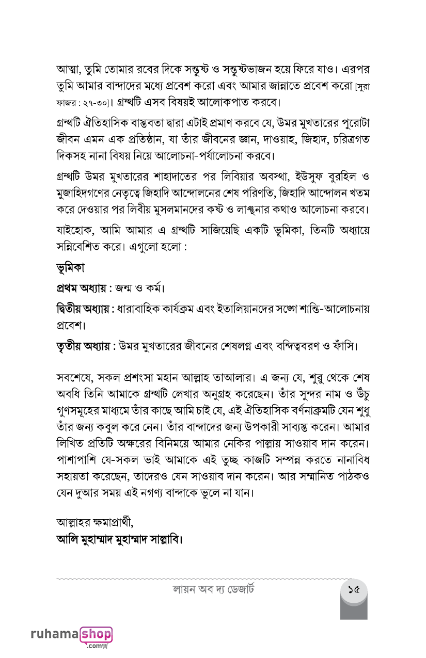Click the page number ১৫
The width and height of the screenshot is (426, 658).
point(354,589)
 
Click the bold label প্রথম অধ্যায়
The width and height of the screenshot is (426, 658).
point(81,287)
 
